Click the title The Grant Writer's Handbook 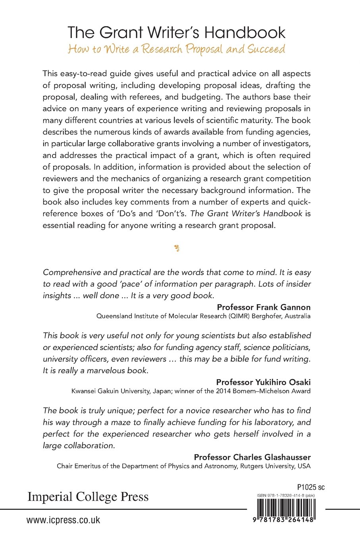coord(176,33)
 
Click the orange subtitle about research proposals coord(176,50)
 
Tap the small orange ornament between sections coord(177,249)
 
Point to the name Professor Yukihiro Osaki coord(263,382)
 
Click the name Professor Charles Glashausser coord(252,457)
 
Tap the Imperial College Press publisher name coord(88,497)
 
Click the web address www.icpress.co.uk coord(64,520)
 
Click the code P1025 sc coord(310,487)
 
